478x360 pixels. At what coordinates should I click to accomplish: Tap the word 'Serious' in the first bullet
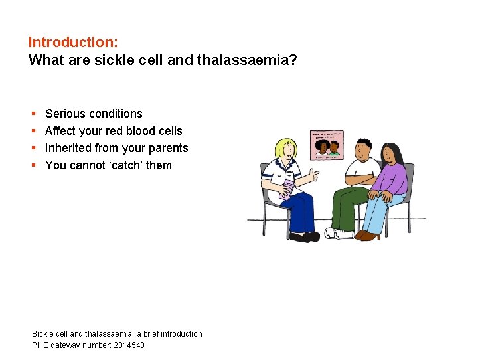point(65,114)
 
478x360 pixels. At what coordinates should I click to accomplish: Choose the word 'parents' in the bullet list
point(168,148)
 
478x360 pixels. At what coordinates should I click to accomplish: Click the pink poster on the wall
point(327,143)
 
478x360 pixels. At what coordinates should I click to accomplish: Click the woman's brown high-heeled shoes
point(367,235)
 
